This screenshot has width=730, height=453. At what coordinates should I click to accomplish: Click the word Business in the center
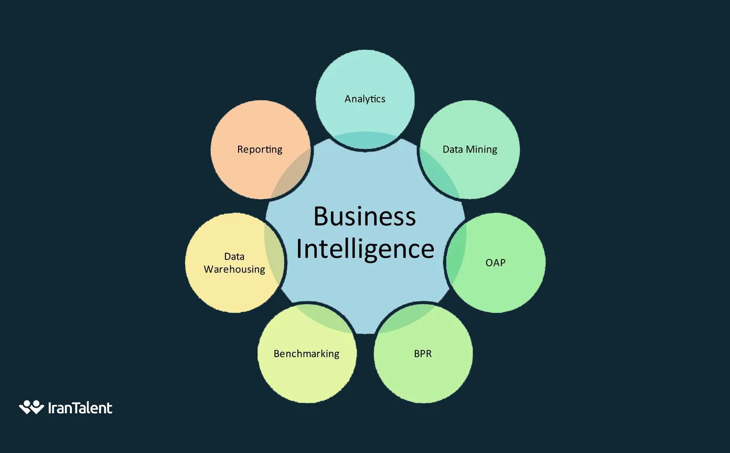[x=364, y=217]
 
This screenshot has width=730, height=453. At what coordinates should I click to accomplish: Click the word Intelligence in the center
[x=365, y=249]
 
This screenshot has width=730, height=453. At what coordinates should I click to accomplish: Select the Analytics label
[x=365, y=99]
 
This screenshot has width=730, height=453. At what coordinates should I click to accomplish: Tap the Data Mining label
[x=470, y=149]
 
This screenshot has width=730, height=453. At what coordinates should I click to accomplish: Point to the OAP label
[x=496, y=262]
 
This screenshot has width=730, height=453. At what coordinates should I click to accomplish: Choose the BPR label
[x=423, y=353]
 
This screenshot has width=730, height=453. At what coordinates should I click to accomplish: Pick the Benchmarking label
[x=306, y=353]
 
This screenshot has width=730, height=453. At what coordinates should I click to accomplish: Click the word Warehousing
[x=234, y=269]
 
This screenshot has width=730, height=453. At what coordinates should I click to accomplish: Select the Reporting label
[x=260, y=149]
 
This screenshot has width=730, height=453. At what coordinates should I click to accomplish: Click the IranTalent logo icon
[x=31, y=407]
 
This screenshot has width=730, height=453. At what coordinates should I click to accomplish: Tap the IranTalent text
[x=80, y=408]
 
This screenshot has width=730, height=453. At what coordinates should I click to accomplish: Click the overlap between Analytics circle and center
[x=365, y=141]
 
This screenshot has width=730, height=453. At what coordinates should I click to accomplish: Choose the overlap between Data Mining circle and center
[x=439, y=176]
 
